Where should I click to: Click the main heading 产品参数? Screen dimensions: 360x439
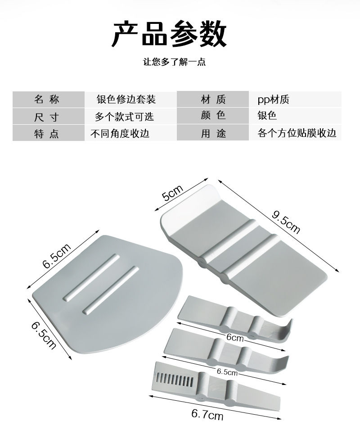pos(169,34)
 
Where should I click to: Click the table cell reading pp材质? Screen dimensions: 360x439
pos(273,99)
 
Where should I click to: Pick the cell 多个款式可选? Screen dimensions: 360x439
pos(124,116)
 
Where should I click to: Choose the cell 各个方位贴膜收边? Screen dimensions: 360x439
pos(297,133)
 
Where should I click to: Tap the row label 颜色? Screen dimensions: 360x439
pos(213,116)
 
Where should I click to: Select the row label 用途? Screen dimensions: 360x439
pos(213,134)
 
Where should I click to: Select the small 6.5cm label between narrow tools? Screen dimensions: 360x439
pos(227,372)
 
